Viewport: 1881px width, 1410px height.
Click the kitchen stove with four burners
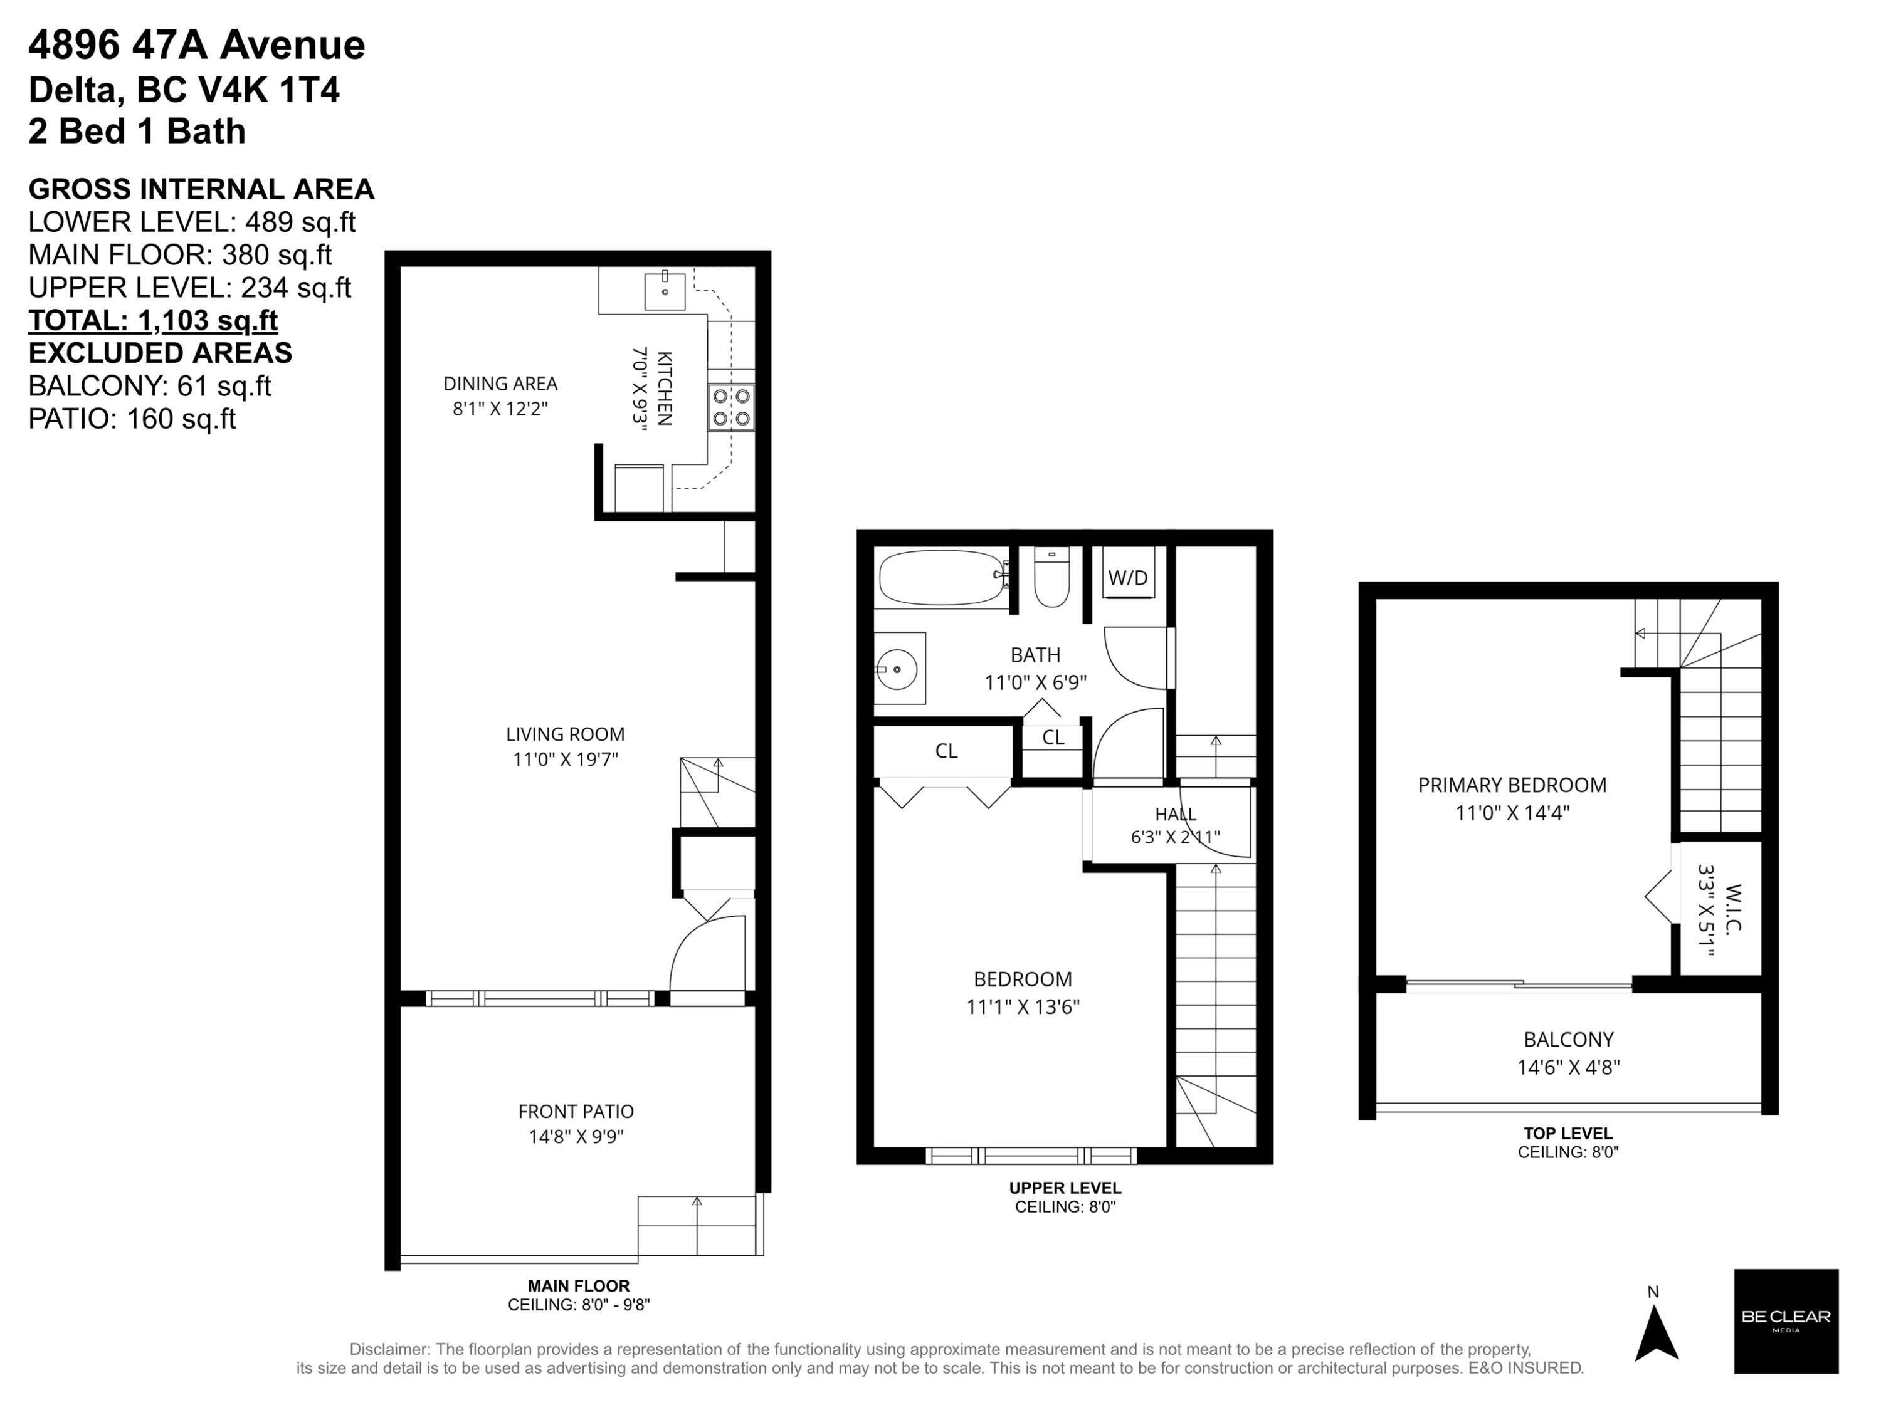[731, 407]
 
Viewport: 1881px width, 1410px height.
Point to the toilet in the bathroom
[1052, 577]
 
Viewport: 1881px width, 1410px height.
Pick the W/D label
[1127, 578]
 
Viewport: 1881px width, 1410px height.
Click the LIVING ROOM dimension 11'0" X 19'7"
[565, 759]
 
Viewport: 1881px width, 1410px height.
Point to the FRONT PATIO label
[576, 1111]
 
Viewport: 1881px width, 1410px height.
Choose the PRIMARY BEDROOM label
[1512, 785]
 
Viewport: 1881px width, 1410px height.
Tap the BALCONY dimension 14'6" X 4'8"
[1568, 1067]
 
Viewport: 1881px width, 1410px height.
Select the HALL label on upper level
[1175, 814]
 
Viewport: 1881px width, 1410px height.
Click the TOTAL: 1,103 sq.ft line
[153, 320]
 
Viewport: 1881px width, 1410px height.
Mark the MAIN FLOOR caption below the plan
[578, 1286]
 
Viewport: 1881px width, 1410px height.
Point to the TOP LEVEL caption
[1568, 1133]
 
